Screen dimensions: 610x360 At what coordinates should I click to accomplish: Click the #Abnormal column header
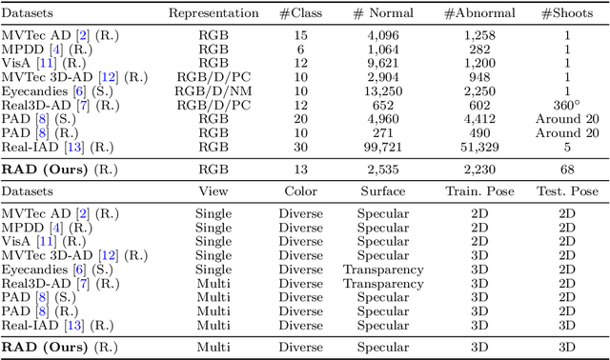coord(478,13)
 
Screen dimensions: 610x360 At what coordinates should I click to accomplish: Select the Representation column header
coord(213,13)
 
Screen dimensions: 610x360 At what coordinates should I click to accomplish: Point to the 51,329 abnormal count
coord(478,148)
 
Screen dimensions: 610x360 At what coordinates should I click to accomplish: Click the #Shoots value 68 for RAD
coord(565,170)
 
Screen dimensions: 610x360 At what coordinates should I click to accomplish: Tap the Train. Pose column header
coord(478,191)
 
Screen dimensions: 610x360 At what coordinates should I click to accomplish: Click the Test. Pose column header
coord(566,191)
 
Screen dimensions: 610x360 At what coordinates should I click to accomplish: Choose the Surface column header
coord(390,191)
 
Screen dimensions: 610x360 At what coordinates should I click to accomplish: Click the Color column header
coord(300,191)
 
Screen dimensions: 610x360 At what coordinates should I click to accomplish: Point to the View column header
coord(213,191)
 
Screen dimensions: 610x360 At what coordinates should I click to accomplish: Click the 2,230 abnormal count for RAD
coord(478,170)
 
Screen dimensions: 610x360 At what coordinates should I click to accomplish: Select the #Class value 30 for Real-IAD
coord(300,148)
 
